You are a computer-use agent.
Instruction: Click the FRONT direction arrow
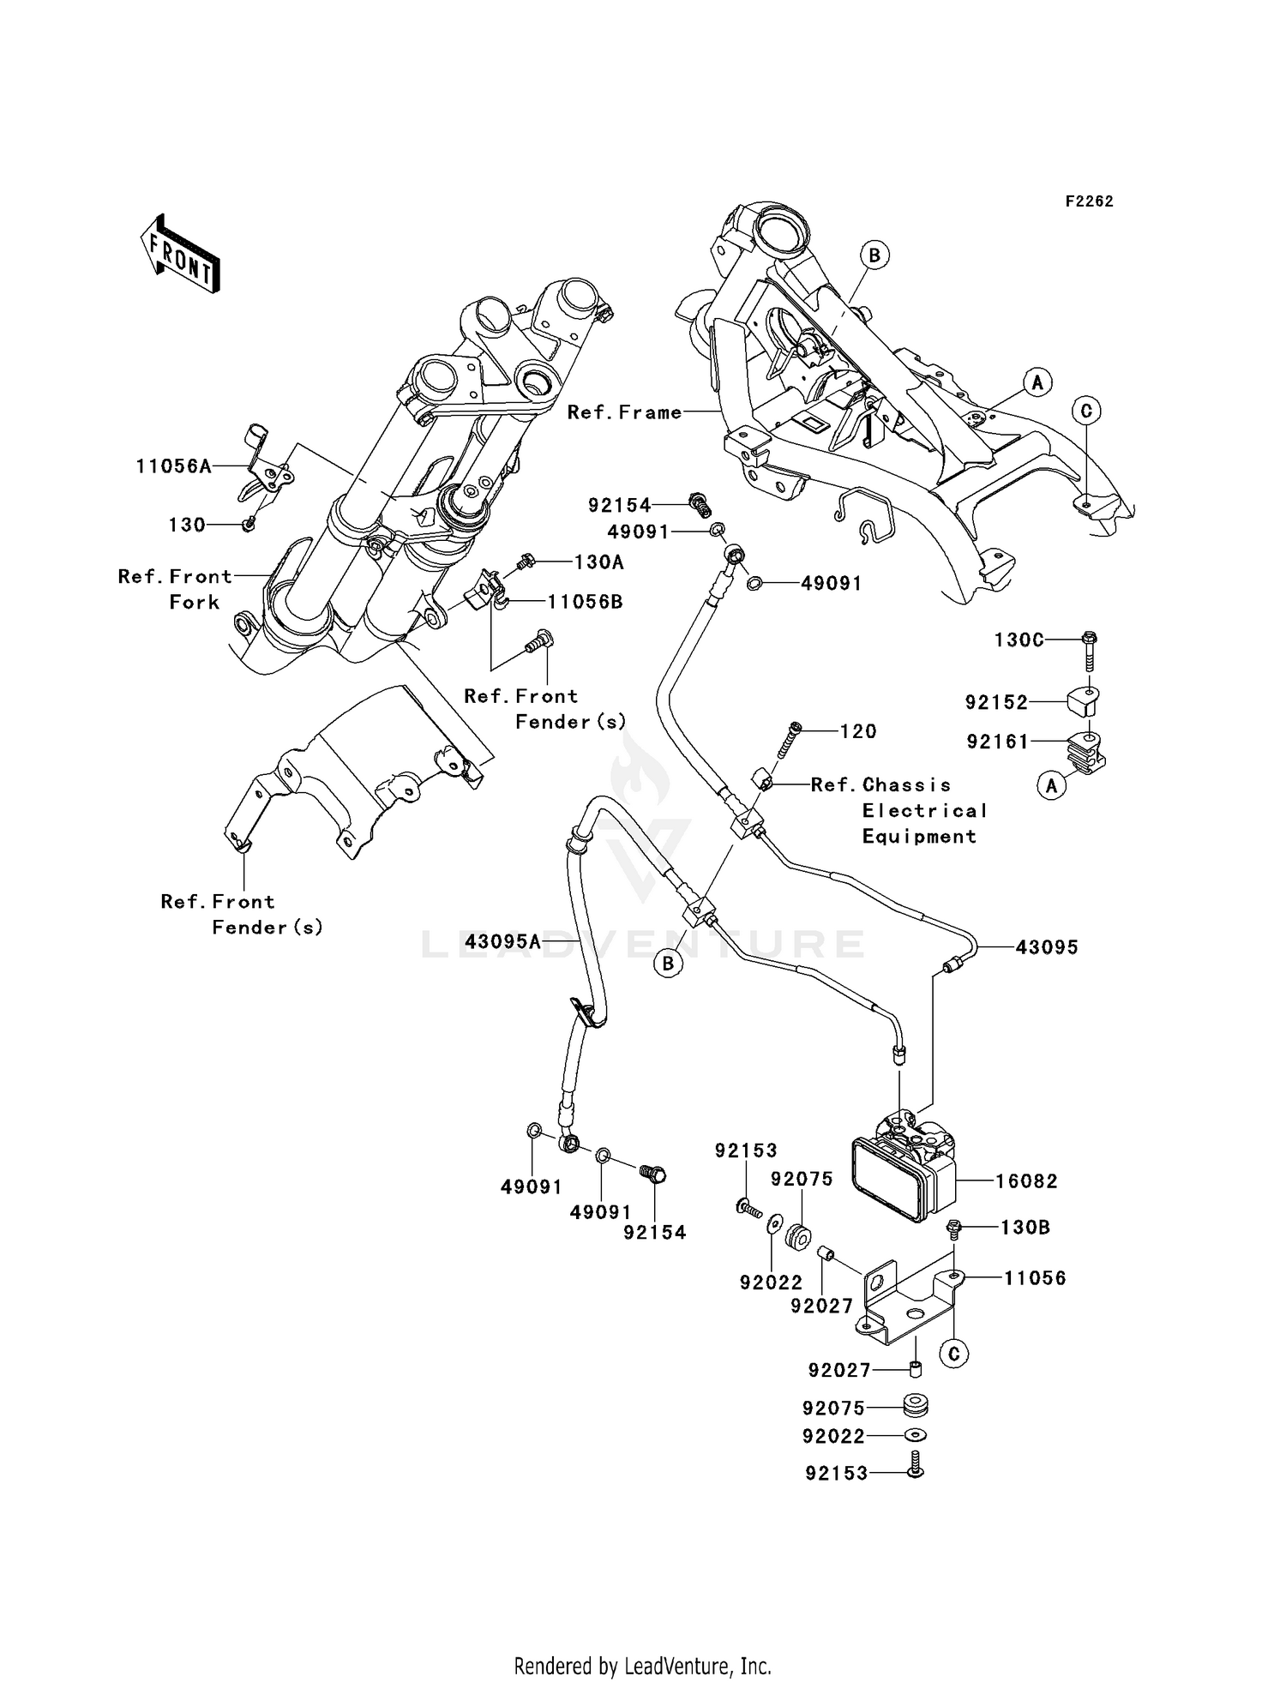180,255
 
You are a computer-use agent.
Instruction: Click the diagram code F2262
1089,201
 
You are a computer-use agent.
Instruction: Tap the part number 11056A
173,466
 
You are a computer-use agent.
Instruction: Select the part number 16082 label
1026,1181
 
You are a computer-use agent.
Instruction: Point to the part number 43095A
503,943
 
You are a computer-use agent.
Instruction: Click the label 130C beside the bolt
1019,640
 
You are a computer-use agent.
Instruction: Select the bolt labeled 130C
1090,652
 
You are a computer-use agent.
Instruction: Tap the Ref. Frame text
624,412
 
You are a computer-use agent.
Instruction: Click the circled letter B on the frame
874,255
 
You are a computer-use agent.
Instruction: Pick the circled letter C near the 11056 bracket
953,1355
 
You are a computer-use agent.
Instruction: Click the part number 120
858,731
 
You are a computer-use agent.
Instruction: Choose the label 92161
997,742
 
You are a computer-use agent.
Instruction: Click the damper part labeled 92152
1085,702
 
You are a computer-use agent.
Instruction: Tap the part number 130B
1025,1228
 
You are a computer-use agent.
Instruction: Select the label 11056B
586,602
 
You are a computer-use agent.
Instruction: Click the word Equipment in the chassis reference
919,837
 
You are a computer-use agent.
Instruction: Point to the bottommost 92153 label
836,1474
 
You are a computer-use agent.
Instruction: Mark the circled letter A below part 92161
1052,784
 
